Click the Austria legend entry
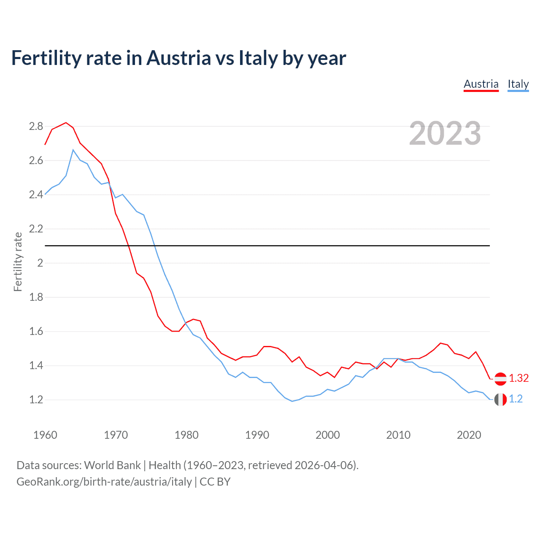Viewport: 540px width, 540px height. (x=481, y=84)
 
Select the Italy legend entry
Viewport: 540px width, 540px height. (x=518, y=84)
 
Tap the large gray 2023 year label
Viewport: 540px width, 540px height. (x=445, y=133)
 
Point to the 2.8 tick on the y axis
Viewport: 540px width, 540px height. (x=36, y=126)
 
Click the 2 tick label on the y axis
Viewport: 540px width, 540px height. (x=40, y=263)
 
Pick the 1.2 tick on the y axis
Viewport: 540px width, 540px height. (x=36, y=400)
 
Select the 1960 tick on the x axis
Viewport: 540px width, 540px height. (x=45, y=435)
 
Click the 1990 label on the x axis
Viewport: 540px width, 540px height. (x=257, y=435)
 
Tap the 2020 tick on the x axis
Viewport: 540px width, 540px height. (x=469, y=435)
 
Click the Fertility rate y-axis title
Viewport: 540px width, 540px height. (x=18, y=262)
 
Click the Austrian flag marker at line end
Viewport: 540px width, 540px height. (x=500, y=379)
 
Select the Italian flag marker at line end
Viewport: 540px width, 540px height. (x=500, y=399)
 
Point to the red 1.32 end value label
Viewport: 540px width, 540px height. (x=518, y=378)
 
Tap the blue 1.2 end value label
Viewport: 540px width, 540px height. (x=516, y=399)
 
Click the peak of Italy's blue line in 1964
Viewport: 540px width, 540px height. (x=73, y=150)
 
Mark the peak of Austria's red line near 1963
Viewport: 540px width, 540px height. (x=66, y=123)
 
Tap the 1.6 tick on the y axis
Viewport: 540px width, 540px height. (x=36, y=331)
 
